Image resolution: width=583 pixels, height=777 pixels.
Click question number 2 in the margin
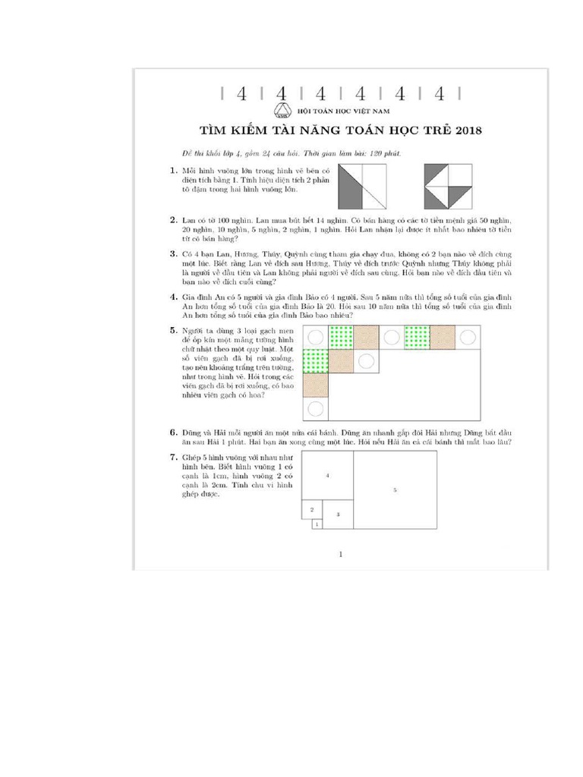pos(174,219)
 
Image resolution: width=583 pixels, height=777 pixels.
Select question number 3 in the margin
pos(174,254)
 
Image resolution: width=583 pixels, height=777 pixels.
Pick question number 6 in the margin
pos(174,432)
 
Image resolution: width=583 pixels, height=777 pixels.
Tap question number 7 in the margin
pos(174,457)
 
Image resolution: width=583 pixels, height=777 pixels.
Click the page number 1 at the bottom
pos(341,554)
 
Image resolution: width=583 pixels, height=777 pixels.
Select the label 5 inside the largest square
pos(395,490)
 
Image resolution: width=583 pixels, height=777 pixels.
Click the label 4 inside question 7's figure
pos(327,475)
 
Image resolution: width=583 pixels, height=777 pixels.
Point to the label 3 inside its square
pos(338,514)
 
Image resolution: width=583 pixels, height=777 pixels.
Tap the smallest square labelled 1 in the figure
pos(317,524)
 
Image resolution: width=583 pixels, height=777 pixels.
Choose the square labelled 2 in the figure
pos(310,509)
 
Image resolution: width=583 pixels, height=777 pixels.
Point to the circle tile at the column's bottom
pos(316,408)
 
